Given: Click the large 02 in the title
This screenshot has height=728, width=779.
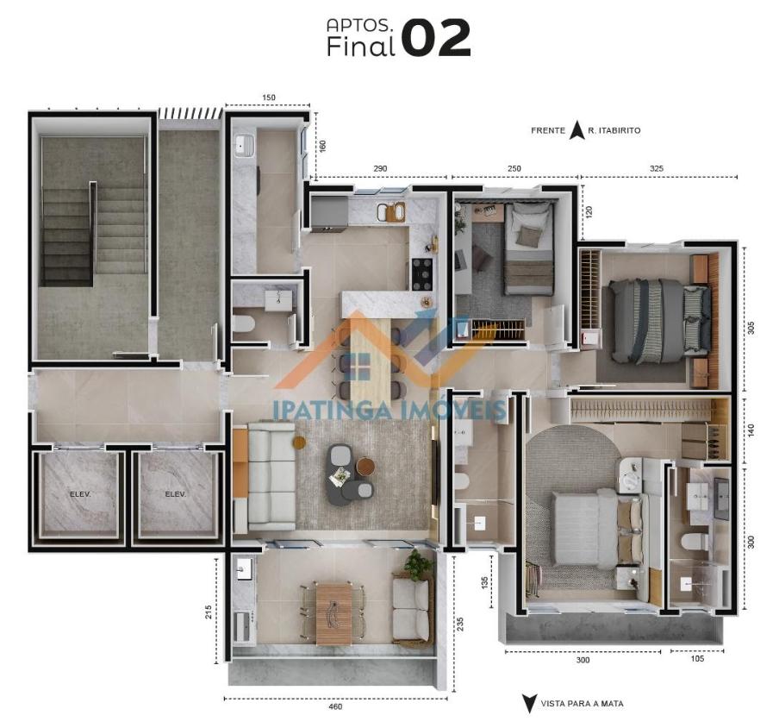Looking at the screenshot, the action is [x=435, y=37].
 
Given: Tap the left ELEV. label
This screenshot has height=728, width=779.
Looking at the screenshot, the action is [x=80, y=494].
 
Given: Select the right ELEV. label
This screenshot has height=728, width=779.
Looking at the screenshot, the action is [x=176, y=494].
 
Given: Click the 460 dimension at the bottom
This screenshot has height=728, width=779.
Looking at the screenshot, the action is [x=336, y=706].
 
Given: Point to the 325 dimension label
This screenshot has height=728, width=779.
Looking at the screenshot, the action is [x=657, y=168].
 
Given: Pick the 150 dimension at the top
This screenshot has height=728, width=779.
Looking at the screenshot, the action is [x=268, y=97].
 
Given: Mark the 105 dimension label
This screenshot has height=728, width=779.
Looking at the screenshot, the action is [x=697, y=659].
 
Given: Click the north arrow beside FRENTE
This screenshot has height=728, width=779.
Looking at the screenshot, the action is [x=576, y=130].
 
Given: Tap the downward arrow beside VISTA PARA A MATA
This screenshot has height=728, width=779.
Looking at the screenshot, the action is [x=529, y=704].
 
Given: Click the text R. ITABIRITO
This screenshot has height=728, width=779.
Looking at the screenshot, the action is [x=614, y=131].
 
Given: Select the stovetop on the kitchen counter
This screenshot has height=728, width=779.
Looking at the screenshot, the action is [x=421, y=274].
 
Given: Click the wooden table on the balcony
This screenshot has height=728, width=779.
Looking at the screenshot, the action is [x=333, y=615].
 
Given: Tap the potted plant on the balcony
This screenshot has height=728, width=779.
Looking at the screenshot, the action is [x=417, y=564].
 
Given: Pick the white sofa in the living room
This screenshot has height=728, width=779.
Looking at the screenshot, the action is [x=271, y=476].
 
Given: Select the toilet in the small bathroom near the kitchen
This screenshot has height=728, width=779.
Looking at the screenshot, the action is [x=243, y=323].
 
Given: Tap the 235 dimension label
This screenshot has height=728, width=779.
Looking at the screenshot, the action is [x=460, y=624].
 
